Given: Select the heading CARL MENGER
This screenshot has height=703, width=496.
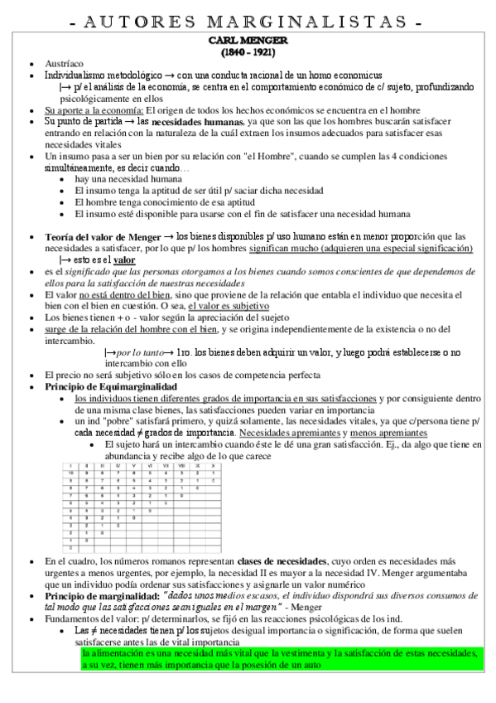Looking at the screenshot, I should tap(248, 40).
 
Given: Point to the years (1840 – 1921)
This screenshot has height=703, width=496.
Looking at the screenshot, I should tap(248, 51).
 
